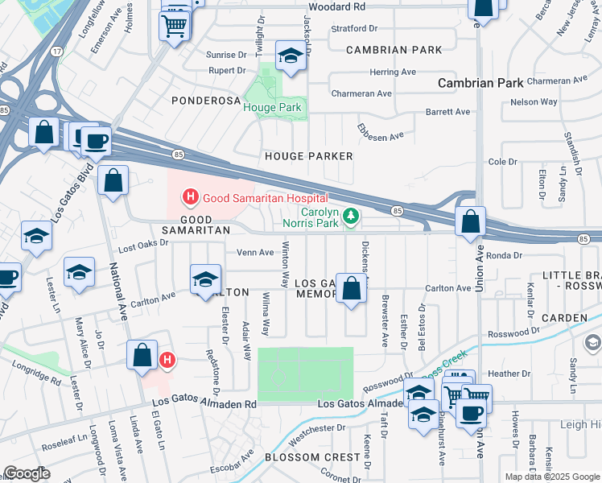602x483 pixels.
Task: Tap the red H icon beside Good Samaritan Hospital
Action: pos(191,196)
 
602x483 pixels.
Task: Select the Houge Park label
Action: pos(272,108)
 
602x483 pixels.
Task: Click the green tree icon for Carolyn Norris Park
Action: pos(350,215)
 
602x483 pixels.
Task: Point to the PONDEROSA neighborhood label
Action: pos(206,101)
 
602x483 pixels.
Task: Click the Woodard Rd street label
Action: pos(339,6)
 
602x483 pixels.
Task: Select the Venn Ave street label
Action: pos(255,252)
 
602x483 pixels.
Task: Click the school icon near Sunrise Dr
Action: pos(290,56)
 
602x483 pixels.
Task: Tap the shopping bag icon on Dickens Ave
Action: pos(352,288)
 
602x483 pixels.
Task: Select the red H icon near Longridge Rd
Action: pos(167,359)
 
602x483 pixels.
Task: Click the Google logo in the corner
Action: pos(27,473)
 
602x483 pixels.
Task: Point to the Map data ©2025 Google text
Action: pos(552,477)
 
